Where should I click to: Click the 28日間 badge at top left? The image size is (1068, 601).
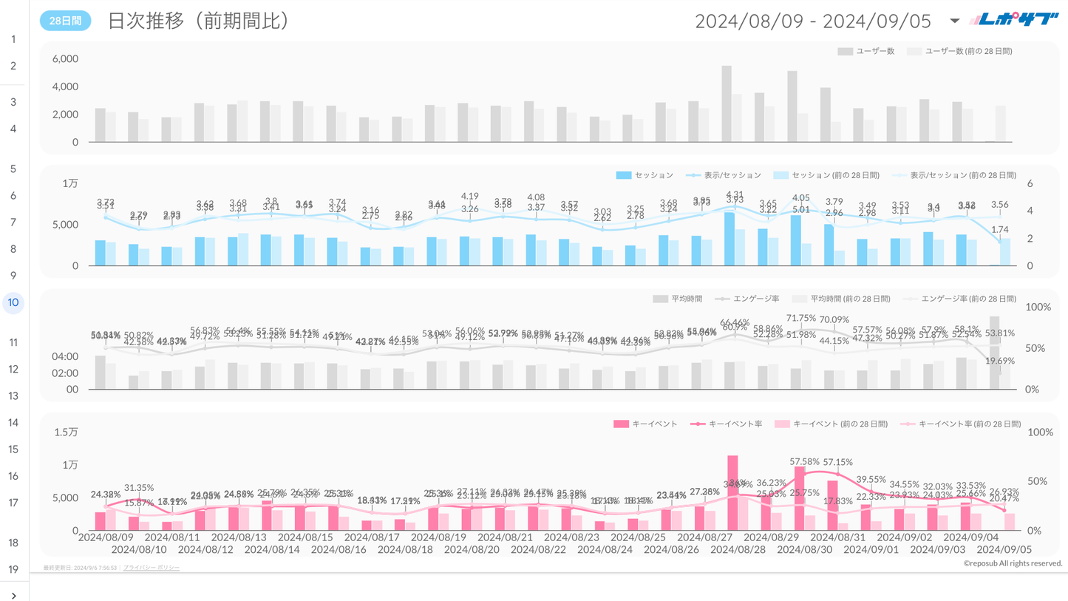pyautogui.click(x=65, y=21)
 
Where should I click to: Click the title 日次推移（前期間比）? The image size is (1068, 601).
pyautogui.click(x=198, y=21)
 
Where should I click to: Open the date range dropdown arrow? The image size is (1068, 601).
pyautogui.click(x=954, y=21)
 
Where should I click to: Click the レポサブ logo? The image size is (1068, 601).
pyautogui.click(x=1014, y=20)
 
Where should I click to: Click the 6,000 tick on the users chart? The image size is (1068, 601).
pyautogui.click(x=65, y=58)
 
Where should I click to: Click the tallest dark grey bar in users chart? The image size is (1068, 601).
pyautogui.click(x=727, y=103)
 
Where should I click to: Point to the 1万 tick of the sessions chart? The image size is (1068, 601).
pyautogui.click(x=70, y=183)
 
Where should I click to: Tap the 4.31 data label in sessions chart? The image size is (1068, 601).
pyautogui.click(x=735, y=194)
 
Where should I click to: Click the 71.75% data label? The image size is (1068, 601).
pyautogui.click(x=801, y=318)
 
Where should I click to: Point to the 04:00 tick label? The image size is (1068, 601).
pyautogui.click(x=66, y=356)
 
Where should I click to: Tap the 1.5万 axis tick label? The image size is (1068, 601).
pyautogui.click(x=66, y=432)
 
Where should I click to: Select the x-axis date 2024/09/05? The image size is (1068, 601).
pyautogui.click(x=1004, y=550)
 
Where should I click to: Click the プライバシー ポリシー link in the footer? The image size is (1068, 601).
pyautogui.click(x=152, y=568)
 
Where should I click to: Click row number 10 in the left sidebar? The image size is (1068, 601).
pyautogui.click(x=13, y=302)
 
